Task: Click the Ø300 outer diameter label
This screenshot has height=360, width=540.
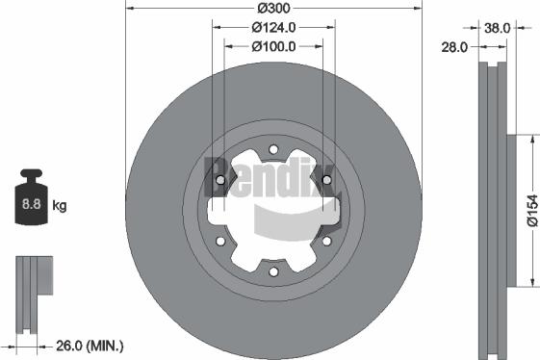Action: (273, 9)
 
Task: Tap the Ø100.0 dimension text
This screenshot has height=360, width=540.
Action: (273, 45)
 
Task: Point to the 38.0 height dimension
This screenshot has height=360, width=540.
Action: (496, 29)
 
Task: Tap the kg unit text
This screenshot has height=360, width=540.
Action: (60, 205)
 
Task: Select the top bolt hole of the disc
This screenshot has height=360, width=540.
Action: (273, 149)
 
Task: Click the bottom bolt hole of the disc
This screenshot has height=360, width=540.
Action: (273, 272)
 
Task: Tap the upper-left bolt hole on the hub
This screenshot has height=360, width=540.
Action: (220, 180)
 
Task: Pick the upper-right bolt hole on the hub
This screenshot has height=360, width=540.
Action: (326, 180)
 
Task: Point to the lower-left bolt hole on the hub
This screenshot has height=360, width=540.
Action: (220, 242)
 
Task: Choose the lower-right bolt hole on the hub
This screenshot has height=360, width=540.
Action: (326, 242)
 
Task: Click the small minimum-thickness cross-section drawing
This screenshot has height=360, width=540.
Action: (32, 289)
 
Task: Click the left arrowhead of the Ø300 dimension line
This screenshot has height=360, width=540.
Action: (131, 9)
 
